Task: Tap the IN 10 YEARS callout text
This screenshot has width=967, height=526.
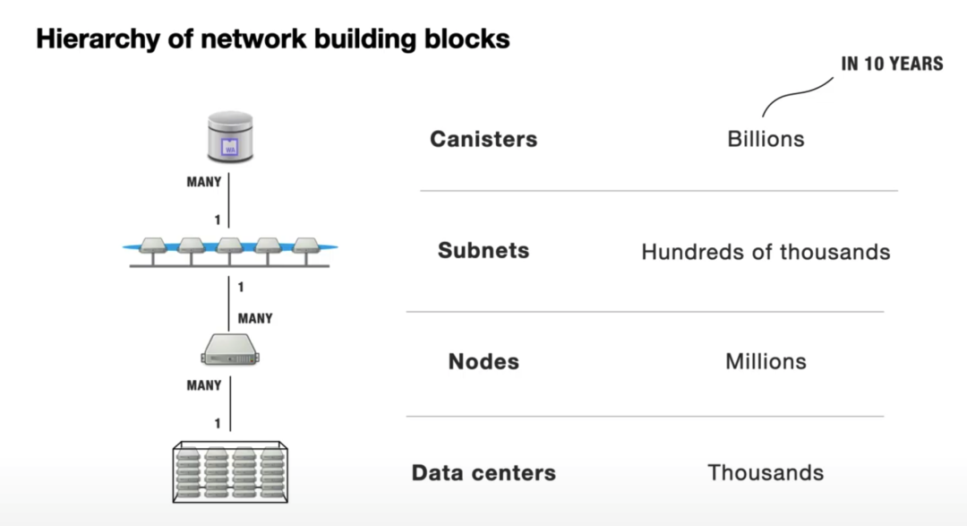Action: coord(891,64)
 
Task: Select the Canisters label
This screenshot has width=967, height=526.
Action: coord(483,139)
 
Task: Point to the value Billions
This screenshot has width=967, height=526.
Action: coord(766,139)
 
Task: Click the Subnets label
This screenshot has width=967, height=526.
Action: coord(483,250)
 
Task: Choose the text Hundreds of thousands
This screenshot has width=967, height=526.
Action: coord(766,252)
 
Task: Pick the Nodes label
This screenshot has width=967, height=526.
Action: coord(483,361)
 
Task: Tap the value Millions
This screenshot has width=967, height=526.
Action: coord(766,361)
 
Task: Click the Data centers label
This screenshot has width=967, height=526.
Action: coord(483,472)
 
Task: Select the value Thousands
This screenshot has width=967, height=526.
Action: coord(766,472)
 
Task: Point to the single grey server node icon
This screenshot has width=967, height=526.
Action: coord(230,349)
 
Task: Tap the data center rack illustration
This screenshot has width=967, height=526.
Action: coord(230,470)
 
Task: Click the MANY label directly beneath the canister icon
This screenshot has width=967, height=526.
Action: coord(203,182)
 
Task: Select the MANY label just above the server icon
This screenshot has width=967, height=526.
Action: coord(255,318)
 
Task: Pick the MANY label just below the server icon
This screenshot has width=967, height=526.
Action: coord(203,385)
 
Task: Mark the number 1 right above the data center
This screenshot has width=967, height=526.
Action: coord(218,422)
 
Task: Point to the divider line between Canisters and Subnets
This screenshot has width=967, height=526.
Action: coord(658,191)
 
